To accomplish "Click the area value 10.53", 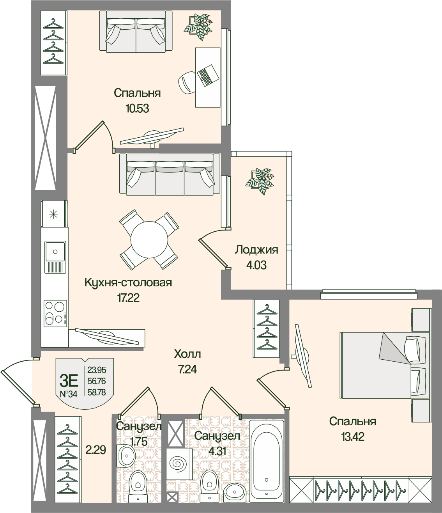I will click(x=137, y=108).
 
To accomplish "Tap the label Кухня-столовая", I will click(x=128, y=282).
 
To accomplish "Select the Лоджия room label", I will click(x=256, y=250).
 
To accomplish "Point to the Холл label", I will click(x=187, y=354).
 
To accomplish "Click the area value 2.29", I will click(x=96, y=450).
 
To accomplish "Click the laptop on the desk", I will click(x=207, y=75).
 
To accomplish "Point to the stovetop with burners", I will click(x=55, y=312).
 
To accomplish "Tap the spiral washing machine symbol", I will click(x=179, y=464).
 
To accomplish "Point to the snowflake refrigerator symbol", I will click(x=54, y=213).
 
